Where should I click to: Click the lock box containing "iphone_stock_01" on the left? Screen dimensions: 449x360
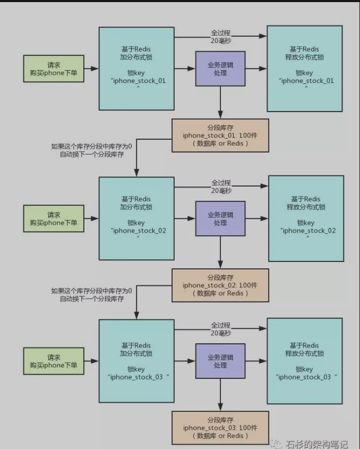136,69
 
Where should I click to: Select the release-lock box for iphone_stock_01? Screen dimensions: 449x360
304,69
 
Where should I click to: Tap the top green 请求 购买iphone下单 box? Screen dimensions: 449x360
54,69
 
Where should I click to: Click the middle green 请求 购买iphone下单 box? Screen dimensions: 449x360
54,218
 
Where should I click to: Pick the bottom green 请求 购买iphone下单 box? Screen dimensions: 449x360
54,361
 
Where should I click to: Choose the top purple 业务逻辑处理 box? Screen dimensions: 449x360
220,69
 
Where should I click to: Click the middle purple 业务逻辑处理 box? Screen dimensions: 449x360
220,218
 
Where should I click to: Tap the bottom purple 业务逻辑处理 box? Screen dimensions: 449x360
220,361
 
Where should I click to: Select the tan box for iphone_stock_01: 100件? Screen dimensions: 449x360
220,135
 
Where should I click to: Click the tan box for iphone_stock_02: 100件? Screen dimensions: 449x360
220,285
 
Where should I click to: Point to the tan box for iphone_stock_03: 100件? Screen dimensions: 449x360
220,428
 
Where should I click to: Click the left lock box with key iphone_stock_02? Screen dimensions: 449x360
136,218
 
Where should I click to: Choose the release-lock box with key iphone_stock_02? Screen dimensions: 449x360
306,218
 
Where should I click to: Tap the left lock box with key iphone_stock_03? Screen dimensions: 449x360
136,361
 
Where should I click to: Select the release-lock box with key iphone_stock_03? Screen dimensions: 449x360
304,361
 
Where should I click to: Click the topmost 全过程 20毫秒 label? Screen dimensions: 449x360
220,37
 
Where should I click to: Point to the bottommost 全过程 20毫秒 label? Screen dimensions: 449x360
220,329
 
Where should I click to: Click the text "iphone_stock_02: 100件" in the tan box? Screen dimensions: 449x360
220,285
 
